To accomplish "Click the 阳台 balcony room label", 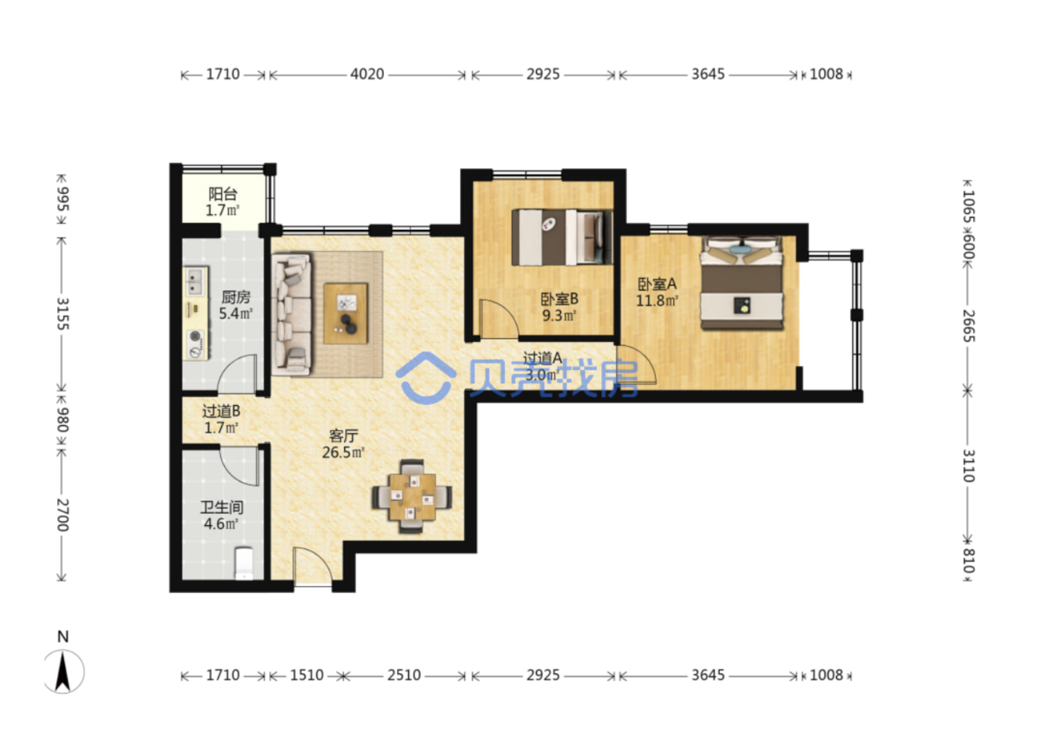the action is [223, 194].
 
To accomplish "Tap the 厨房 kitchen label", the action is [235, 297].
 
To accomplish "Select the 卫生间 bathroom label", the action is [222, 507].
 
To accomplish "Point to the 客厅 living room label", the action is [344, 436].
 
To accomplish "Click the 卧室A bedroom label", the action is [657, 284].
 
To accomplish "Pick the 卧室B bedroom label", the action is [559, 299].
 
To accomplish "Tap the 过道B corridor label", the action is [221, 411].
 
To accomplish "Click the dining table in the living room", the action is [411, 497].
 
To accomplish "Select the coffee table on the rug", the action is [345, 313].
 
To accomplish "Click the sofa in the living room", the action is [293, 313].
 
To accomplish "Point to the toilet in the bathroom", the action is [244, 563].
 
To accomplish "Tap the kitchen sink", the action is [196, 282].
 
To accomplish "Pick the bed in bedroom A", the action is [742, 283].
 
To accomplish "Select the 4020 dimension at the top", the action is [367, 74].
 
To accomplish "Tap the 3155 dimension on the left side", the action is [62, 313].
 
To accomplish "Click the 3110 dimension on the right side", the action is [968, 466].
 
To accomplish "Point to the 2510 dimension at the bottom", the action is [404, 675].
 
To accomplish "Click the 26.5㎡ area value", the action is [344, 453].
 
